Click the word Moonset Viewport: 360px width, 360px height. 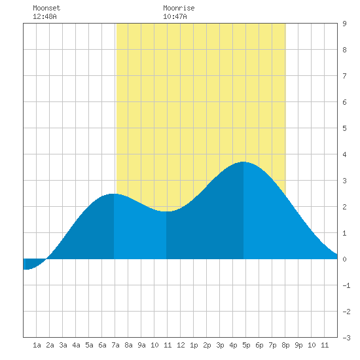click(46, 8)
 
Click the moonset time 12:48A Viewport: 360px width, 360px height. click(45, 16)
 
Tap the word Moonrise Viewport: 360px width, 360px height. click(179, 8)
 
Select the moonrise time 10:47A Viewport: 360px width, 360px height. click(175, 16)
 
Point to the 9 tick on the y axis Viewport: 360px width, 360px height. click(344, 24)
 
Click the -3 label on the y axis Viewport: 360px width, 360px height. click(346, 338)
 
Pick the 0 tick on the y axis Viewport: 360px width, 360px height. click(344, 259)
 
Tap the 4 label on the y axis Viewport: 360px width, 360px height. click(344, 154)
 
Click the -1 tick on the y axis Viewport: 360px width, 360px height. click(346, 285)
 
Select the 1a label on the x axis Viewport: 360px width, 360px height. click(37, 345)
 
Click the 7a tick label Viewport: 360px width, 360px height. click(115, 345)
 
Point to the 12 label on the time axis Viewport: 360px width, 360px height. click(181, 345)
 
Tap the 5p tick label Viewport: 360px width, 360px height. click(246, 345)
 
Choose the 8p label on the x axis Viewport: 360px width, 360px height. click(285, 345)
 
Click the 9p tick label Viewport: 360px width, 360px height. click(298, 345)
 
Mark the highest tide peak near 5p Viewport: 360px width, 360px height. click(243, 162)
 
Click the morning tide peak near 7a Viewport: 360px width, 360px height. click(113, 194)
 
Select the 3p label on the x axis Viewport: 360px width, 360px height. click(220, 345)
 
